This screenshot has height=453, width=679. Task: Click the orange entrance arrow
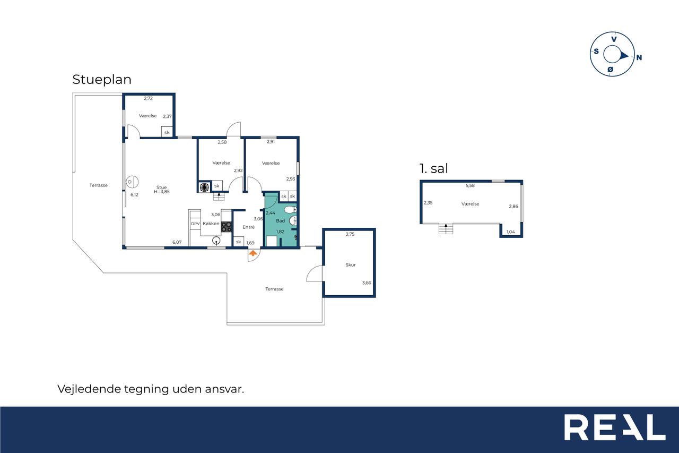[x=253, y=253]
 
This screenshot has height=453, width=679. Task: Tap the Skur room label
[x=351, y=265]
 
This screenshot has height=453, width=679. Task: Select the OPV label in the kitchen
[x=195, y=224]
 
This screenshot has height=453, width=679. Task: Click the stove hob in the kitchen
[x=226, y=227]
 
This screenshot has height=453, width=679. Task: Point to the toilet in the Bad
[x=290, y=210]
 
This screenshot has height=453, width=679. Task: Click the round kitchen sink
[x=216, y=241]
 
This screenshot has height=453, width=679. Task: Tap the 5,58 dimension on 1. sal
[x=470, y=185]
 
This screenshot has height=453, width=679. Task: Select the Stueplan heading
[x=102, y=80]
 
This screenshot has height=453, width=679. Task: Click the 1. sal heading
[x=433, y=168]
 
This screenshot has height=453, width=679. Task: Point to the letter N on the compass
[x=639, y=57]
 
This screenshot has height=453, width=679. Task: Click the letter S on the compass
[x=596, y=52]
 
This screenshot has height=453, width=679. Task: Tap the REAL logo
[x=615, y=427]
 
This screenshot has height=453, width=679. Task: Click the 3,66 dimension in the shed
[x=367, y=283]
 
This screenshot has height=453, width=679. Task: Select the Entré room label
[x=249, y=227]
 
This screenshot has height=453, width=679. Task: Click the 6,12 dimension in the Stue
[x=134, y=195]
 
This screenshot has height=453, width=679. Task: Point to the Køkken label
[x=211, y=224]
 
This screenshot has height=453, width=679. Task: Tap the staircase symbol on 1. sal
[x=446, y=228]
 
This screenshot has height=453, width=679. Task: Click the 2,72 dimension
[x=148, y=98]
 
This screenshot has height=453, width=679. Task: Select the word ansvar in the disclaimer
[x=224, y=389]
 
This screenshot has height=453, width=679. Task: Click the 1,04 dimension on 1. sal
[x=511, y=232]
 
